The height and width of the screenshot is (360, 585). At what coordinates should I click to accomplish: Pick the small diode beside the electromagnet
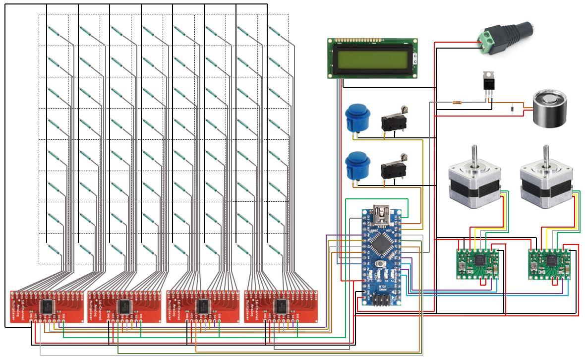tap(511, 107)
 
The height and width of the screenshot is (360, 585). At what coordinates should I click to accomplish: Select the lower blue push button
tap(355, 166)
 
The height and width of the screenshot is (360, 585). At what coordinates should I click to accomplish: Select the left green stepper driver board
tap(478, 261)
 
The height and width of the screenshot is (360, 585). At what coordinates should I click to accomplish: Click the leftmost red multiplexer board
tap(48, 306)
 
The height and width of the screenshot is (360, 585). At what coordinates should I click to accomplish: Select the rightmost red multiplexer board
tap(282, 306)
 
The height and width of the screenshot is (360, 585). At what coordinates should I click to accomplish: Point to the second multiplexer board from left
tap(124, 306)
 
